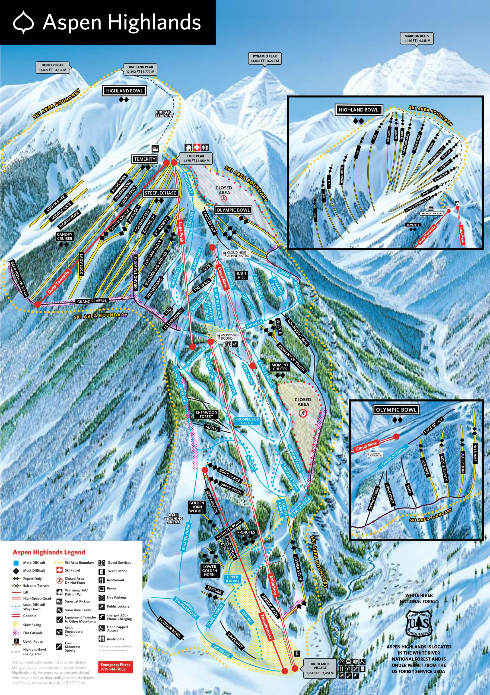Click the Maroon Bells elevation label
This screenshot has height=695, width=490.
tap(416, 38)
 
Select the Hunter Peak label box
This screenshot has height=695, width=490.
tap(53, 67)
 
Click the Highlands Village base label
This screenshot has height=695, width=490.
tap(320, 668)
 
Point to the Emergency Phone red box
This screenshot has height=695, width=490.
tap(116, 667)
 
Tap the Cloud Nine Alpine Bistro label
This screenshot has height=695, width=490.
tap(238, 254)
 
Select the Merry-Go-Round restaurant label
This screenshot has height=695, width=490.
tap(229, 337)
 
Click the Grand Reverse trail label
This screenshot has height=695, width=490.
tap(92, 301)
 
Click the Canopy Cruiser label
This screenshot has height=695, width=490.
tap(64, 236)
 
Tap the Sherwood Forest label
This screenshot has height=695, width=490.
tap(206, 414)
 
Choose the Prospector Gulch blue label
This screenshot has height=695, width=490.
tap(247, 421)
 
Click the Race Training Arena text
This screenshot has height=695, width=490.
tap(174, 519)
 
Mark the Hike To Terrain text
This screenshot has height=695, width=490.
tap(163, 114)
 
